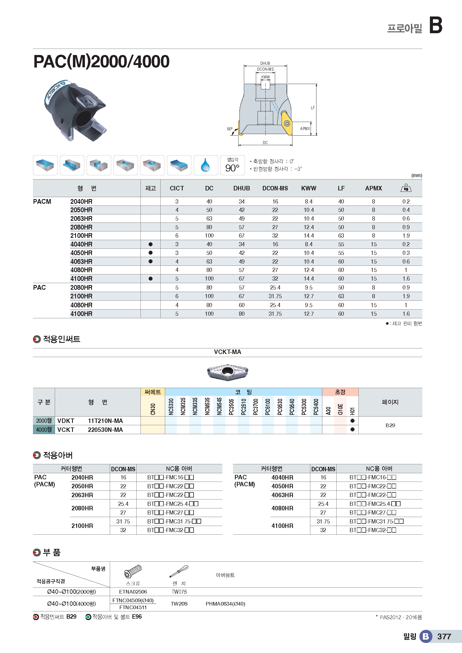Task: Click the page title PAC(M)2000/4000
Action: pyautogui.click(x=101, y=61)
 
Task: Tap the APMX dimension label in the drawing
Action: pyautogui.click(x=305, y=128)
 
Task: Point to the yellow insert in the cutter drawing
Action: pyautogui.click(x=287, y=123)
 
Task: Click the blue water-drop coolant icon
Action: pyautogui.click(x=205, y=165)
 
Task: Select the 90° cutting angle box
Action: pyautogui.click(x=232, y=165)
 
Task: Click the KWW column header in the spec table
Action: pyautogui.click(x=308, y=188)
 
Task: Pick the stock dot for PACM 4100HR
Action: pyautogui.click(x=151, y=279)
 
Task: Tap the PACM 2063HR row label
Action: pyautogui.click(x=81, y=218)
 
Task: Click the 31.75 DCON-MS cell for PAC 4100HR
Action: pyautogui.click(x=275, y=314)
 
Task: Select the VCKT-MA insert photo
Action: pyautogui.click(x=227, y=371)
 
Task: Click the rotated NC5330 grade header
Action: pyautogui.click(x=171, y=406)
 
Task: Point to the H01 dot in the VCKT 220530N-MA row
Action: pyautogui.click(x=353, y=429)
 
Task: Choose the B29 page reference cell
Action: pyautogui.click(x=390, y=425)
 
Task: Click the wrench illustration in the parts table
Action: pyautogui.click(x=179, y=571)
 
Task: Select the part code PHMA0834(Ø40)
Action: pyautogui.click(x=225, y=604)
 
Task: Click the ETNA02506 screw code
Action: pyautogui.click(x=133, y=592)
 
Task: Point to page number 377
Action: pyautogui.click(x=444, y=637)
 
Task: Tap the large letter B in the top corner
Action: pyautogui.click(x=435, y=25)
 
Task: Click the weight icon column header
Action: pyautogui.click(x=406, y=188)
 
